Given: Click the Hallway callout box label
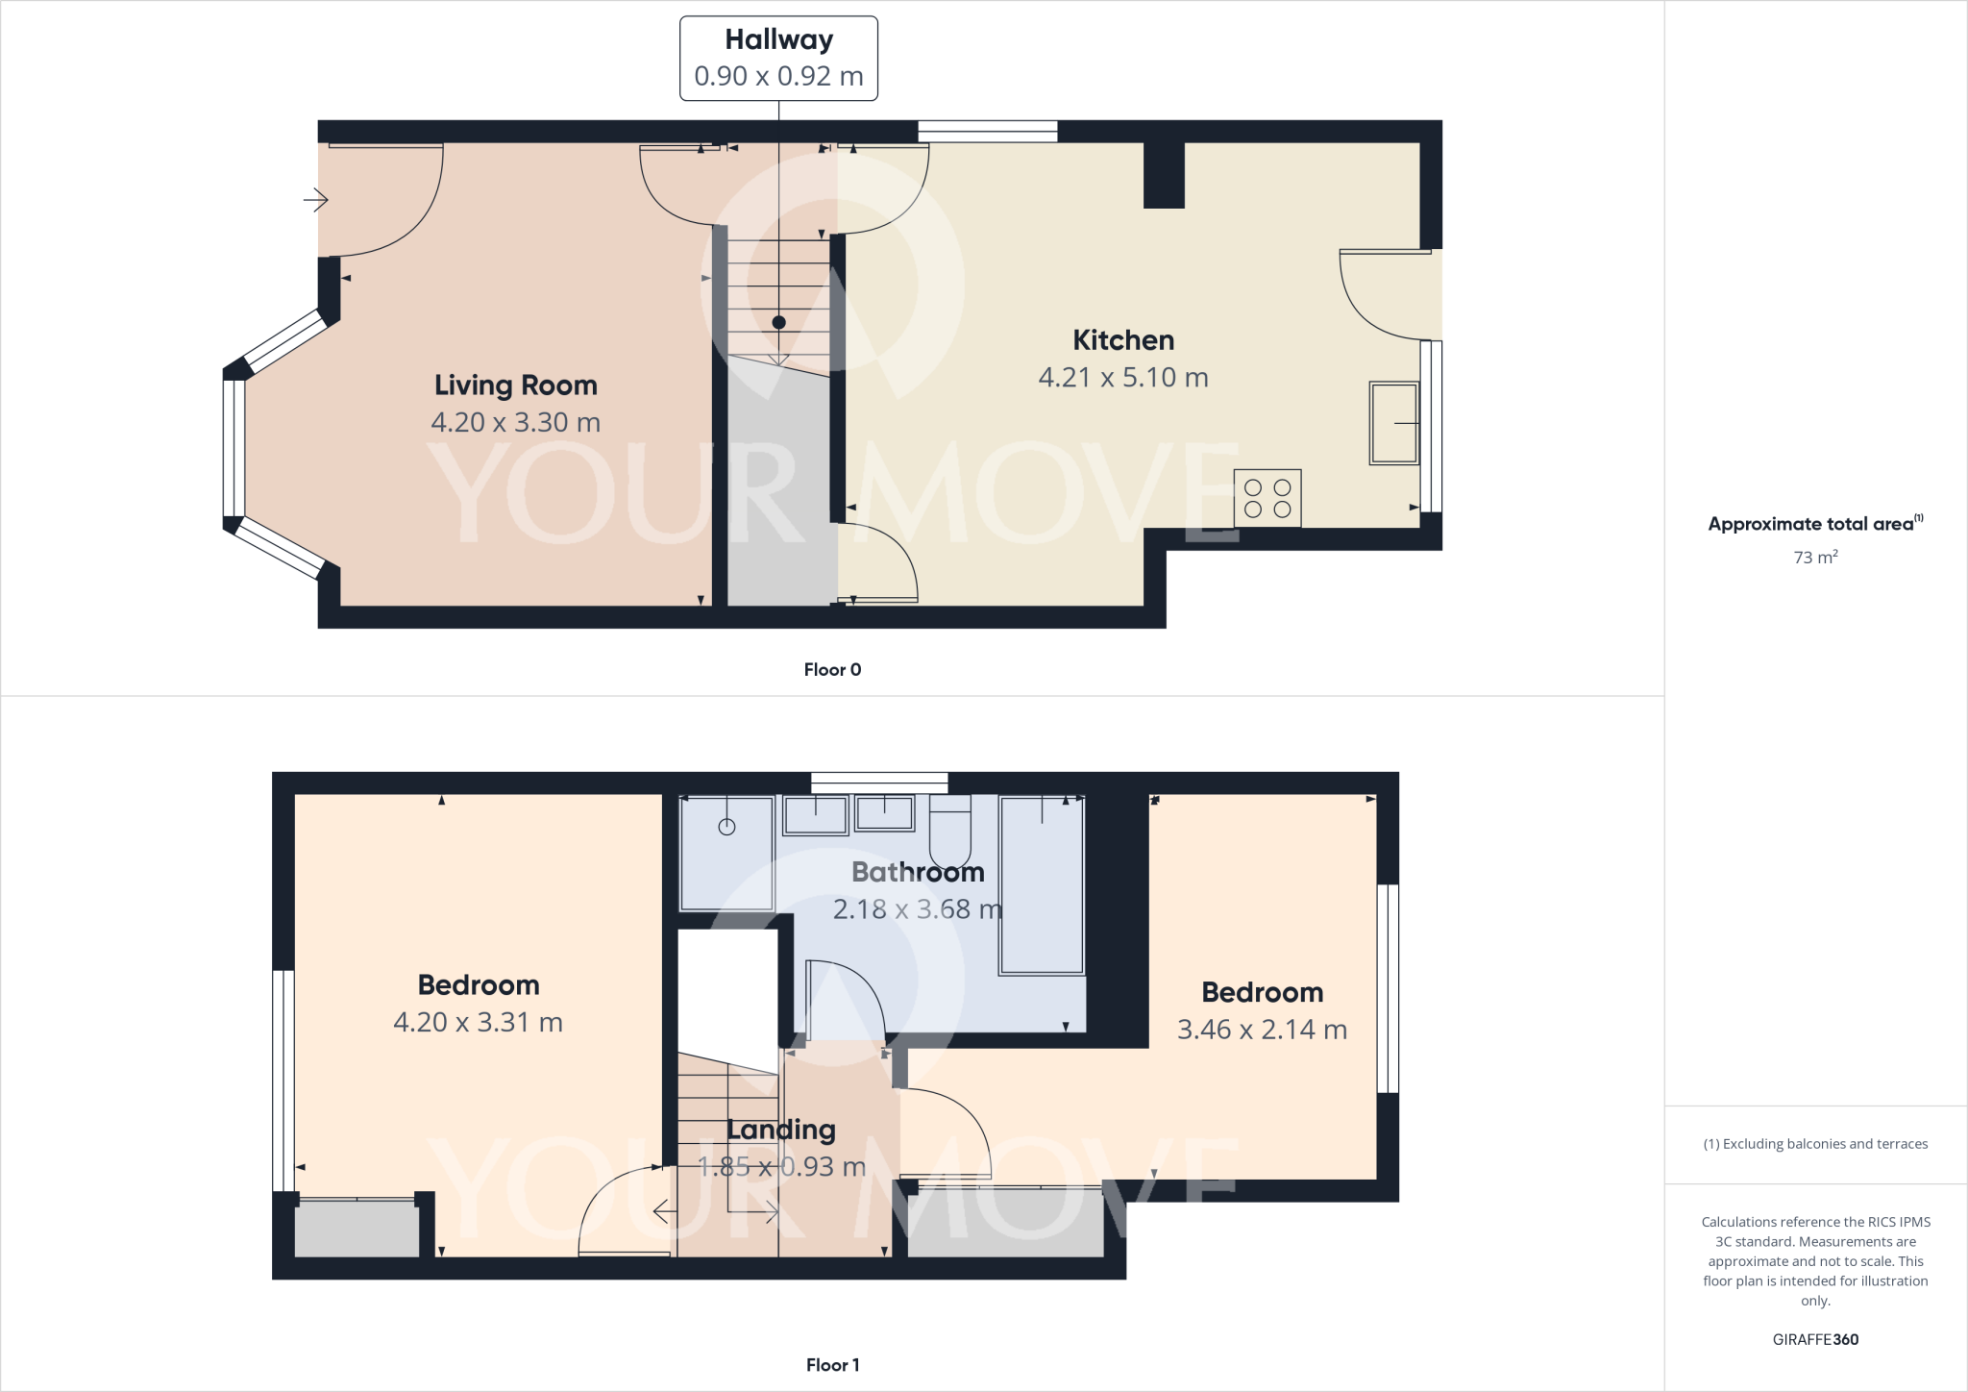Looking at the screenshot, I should tap(778, 40).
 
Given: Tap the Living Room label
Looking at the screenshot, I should tap(515, 385).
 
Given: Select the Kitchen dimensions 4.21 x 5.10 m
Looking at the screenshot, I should tap(1122, 378).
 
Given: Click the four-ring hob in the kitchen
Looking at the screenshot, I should tap(1267, 498).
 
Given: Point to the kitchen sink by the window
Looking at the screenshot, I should tap(1393, 423).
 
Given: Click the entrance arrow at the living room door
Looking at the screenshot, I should tap(316, 200).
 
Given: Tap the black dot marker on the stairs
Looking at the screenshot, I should tap(778, 323).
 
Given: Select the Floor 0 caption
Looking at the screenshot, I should tap(832, 670).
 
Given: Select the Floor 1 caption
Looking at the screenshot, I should tap(832, 1365).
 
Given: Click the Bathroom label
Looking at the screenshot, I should tap(918, 872).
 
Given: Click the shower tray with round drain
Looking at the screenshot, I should tap(726, 853).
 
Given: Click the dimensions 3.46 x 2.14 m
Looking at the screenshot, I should tap(1262, 1030).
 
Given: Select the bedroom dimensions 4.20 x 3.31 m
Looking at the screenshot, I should tap(478, 1022).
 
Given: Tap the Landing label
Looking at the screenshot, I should tap(780, 1130).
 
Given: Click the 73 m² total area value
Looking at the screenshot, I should tap(1814, 558).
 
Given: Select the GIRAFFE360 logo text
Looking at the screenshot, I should tap(1814, 1339).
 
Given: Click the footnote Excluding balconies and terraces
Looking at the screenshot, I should tap(1814, 1144).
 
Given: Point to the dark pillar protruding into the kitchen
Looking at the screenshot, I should tap(1164, 175).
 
